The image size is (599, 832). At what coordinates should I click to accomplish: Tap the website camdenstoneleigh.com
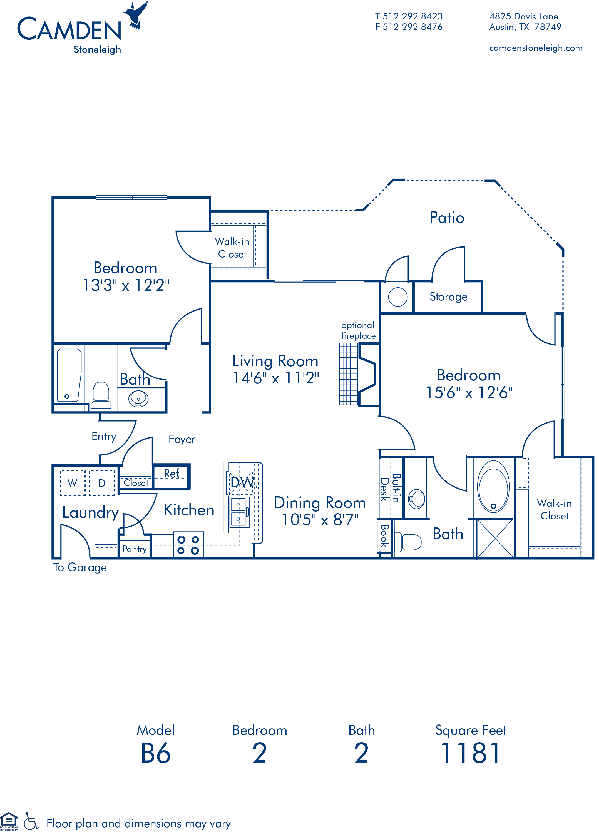pos(536,48)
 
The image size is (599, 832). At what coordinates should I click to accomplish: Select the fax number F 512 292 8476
pos(409,27)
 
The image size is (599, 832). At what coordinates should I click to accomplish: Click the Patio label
pos(447,218)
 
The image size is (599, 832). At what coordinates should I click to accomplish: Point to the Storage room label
pos(449,297)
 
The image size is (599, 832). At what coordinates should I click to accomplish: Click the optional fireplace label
pos(359,330)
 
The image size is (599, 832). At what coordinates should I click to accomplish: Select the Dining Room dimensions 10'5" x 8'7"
pos(320,519)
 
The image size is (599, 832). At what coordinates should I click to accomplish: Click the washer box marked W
pos(73,483)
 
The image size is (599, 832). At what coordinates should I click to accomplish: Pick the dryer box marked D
pos(102,483)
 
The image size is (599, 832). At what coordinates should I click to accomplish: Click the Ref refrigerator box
pos(172,477)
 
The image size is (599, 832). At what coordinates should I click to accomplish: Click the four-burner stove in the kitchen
pos(188,545)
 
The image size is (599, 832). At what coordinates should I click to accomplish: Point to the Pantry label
pos(134,549)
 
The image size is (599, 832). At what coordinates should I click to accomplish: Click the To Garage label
pos(80,567)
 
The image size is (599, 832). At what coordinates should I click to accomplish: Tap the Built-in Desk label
pos(390,488)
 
